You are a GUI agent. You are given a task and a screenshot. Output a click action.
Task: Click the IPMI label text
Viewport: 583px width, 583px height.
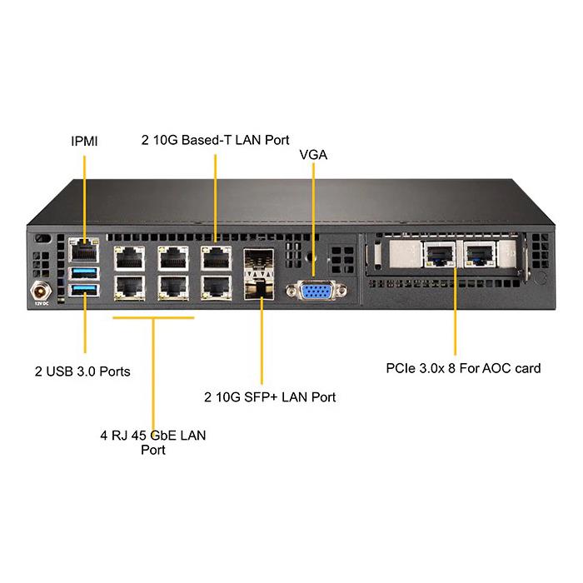click(x=83, y=141)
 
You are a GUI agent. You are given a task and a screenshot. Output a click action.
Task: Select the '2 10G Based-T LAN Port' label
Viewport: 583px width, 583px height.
click(x=216, y=140)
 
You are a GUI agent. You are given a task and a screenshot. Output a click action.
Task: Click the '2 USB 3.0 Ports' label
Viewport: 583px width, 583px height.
click(x=82, y=371)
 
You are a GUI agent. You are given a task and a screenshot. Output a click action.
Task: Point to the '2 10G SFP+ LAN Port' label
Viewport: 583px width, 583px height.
click(x=270, y=396)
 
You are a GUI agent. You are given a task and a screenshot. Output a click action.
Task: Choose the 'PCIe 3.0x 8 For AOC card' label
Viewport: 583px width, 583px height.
click(x=464, y=367)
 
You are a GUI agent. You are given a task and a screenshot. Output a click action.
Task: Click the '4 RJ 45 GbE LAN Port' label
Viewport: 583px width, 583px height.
click(x=152, y=442)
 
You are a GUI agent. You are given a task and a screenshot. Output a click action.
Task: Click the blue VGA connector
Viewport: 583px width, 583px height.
click(x=313, y=291)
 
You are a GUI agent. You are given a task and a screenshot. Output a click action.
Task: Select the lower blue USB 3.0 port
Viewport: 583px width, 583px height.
click(x=85, y=289)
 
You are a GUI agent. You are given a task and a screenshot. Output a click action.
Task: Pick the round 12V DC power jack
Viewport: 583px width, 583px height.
click(x=38, y=291)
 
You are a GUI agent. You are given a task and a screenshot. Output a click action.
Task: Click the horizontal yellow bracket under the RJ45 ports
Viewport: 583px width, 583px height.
click(x=154, y=317)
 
